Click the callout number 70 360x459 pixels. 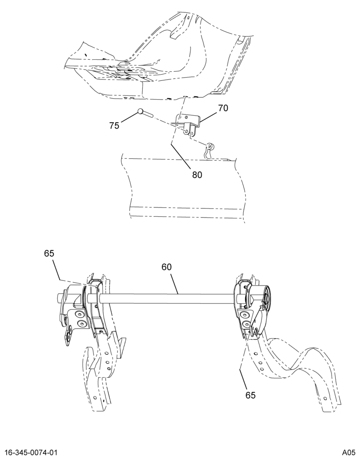click(223, 108)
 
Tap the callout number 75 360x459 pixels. click(114, 126)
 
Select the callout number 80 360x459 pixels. click(197, 175)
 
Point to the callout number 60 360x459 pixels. click(166, 267)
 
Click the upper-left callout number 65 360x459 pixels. click(49, 253)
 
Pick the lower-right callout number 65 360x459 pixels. click(250, 395)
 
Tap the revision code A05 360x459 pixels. click(349, 452)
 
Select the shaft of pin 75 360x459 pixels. click(148, 113)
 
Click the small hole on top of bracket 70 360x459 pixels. click(186, 117)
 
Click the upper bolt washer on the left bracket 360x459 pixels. click(79, 314)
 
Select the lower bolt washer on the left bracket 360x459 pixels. click(80, 324)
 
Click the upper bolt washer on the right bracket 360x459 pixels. click(245, 314)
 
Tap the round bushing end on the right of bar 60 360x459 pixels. click(267, 299)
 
